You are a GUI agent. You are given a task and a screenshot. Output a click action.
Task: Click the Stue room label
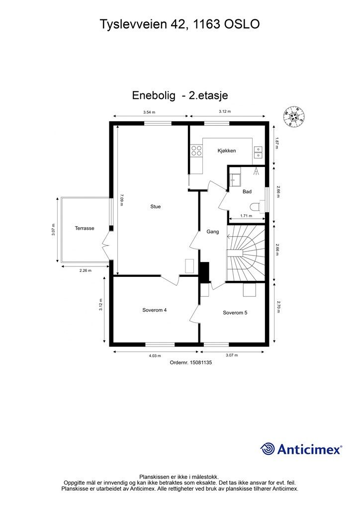(x=156, y=206)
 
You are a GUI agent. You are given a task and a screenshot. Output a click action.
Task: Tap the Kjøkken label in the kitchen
(x=227, y=151)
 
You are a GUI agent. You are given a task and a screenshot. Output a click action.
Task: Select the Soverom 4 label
(x=155, y=310)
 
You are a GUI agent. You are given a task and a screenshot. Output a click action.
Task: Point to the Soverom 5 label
(x=235, y=313)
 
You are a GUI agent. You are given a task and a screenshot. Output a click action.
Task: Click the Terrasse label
(x=85, y=228)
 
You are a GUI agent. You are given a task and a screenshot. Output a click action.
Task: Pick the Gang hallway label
(x=213, y=232)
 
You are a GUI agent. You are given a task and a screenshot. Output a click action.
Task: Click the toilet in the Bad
(x=258, y=206)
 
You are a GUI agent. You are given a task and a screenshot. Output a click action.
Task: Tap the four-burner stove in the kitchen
(x=196, y=151)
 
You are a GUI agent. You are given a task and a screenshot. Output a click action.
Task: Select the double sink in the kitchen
(x=258, y=152)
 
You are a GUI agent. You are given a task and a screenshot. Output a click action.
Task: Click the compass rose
(x=294, y=116)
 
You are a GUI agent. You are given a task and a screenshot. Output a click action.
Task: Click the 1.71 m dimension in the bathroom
(x=246, y=216)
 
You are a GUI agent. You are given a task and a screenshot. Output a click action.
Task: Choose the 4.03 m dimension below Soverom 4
(x=155, y=355)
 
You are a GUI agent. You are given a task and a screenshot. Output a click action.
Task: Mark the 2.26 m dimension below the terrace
(x=86, y=270)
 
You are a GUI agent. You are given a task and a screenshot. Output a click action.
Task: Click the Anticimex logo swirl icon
(x=268, y=449)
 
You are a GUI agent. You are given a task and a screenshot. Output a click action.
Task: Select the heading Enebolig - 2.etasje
(x=180, y=95)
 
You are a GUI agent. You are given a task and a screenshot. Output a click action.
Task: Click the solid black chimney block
(x=204, y=272)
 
